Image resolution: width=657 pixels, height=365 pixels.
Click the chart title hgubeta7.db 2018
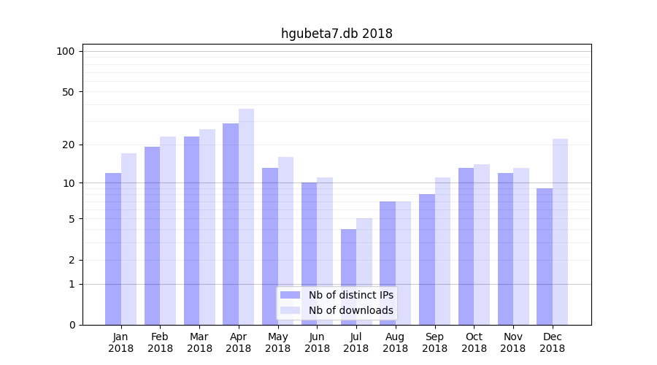(337, 34)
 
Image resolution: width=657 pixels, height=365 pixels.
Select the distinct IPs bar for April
(231, 224)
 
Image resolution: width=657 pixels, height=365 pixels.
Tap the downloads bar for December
(560, 231)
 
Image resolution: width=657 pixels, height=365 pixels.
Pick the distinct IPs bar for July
(348, 277)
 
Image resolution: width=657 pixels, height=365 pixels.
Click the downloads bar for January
(128, 239)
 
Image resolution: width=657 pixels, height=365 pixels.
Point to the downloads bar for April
(246, 217)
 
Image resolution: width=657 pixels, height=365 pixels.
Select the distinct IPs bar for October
(466, 246)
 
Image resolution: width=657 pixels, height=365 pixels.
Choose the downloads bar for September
(442, 251)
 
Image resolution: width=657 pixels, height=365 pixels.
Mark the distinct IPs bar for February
(152, 236)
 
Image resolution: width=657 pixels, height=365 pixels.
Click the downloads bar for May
(285, 241)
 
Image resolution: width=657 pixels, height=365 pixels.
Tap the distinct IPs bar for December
(545, 256)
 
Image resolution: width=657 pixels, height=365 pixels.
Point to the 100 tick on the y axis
(66, 51)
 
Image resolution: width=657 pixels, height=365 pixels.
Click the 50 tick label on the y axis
(68, 92)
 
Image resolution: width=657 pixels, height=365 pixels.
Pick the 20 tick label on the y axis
(68, 145)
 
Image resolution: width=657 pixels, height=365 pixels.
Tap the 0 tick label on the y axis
(72, 325)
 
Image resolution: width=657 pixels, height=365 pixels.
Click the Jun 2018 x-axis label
(317, 342)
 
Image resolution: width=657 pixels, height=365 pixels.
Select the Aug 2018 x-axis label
(396, 342)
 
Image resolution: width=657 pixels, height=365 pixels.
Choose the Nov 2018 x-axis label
(513, 342)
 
